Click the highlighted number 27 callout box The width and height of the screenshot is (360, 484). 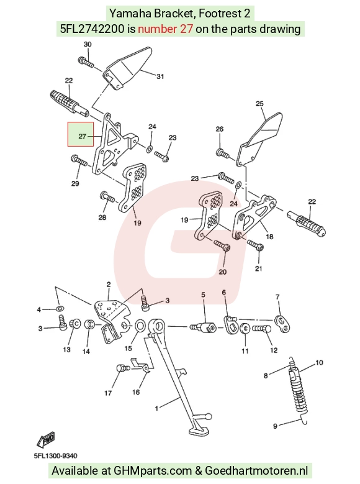click(81, 134)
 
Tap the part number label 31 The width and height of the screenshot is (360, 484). click(160, 76)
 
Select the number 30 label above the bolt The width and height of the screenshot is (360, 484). click(88, 44)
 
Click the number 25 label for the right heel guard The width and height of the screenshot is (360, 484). click(259, 103)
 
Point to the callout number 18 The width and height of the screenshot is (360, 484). click(269, 237)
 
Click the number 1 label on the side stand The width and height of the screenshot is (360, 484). click(156, 408)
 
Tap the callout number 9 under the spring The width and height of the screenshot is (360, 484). click(275, 426)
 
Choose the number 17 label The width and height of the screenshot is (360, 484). click(108, 393)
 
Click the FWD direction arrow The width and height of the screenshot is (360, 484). click(46, 439)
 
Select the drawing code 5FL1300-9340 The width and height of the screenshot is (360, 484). click(55, 456)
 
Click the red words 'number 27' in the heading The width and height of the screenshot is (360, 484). click(165, 29)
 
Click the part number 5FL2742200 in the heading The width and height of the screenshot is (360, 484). click(92, 29)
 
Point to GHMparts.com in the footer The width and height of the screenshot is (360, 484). click(153, 471)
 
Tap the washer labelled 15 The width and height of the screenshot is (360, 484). click(140, 326)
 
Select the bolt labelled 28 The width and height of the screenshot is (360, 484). click(107, 196)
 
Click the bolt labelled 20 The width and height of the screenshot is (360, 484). click(222, 245)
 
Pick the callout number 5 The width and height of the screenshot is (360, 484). click(203, 295)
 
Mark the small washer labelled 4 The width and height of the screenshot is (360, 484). click(60, 308)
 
